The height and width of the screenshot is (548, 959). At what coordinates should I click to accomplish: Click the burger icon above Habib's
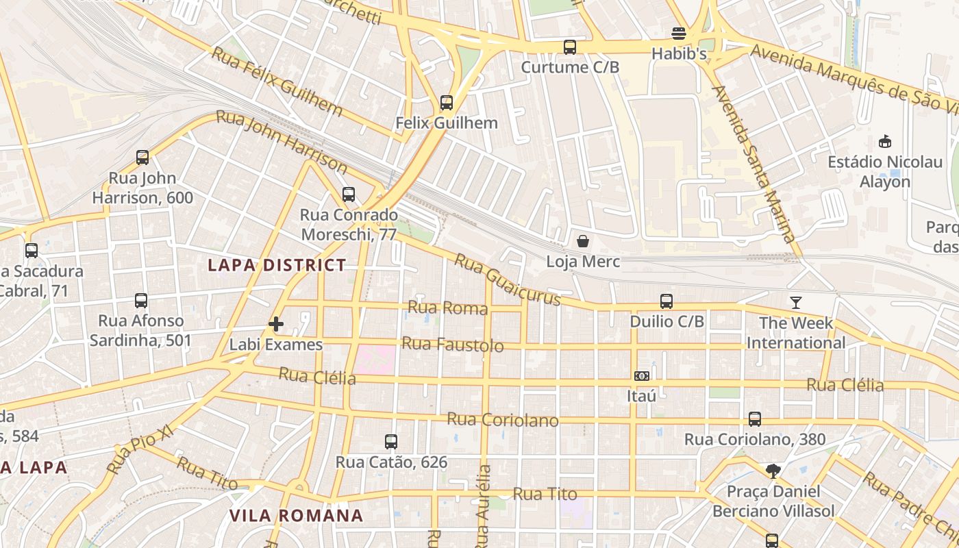[x=679, y=34]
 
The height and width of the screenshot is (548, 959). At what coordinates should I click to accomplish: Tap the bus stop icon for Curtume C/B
[x=570, y=47]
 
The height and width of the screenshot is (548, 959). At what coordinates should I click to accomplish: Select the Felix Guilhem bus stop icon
[x=447, y=103]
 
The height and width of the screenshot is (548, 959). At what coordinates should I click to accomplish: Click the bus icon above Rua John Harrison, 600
[x=142, y=158]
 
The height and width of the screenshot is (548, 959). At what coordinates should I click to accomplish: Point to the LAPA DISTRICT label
[x=277, y=265]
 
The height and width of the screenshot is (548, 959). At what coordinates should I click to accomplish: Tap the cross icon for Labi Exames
[x=276, y=324]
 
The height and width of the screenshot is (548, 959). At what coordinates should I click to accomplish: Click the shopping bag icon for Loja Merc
[x=583, y=241]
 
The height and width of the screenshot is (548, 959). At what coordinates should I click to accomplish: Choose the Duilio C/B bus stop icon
[x=667, y=301]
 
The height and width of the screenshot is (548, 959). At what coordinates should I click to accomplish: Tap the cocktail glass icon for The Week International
[x=795, y=302]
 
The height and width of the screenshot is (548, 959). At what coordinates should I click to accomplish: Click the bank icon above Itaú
[x=642, y=376]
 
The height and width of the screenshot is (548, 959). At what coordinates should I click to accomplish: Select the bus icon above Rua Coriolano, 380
[x=755, y=419]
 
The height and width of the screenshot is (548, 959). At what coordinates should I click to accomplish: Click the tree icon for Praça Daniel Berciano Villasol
[x=773, y=471]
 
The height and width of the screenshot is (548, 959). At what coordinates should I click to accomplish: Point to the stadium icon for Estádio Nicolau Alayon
[x=884, y=142]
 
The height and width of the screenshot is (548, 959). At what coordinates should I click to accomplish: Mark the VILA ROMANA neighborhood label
[x=296, y=516]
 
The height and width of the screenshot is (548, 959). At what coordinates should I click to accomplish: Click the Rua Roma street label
[x=448, y=308]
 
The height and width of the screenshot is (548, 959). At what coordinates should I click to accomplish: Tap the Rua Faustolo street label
[x=452, y=344]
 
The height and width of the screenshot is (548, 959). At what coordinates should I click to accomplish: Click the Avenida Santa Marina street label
[x=753, y=164]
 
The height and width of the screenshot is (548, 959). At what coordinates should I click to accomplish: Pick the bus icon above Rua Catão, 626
[x=391, y=442]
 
